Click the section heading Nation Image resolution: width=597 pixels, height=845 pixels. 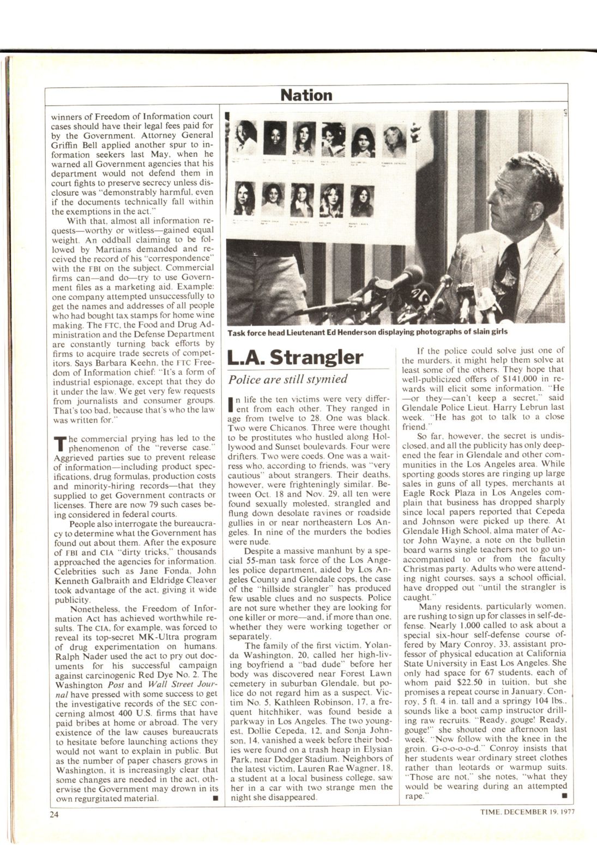point(306,95)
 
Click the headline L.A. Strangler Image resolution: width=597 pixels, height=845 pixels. point(294,357)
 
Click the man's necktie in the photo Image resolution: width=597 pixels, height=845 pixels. point(511,267)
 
